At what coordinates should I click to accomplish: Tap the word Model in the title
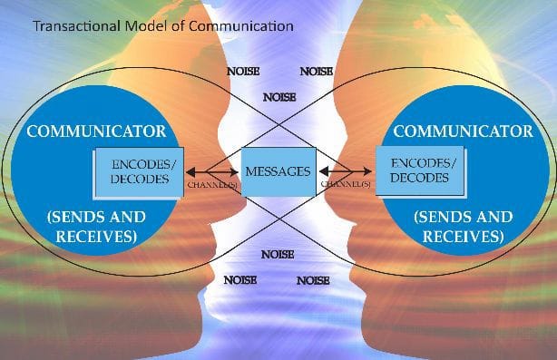pos(148,26)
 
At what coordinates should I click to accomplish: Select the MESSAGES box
pos(278,171)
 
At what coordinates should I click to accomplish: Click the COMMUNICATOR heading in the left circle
pos(96,131)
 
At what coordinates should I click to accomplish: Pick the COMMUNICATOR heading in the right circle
pos(463,131)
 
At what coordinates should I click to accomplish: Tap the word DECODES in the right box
pos(419,178)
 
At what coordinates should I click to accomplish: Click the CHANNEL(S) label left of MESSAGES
pos(213,184)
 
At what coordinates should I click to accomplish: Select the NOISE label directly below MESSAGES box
pos(277,255)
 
